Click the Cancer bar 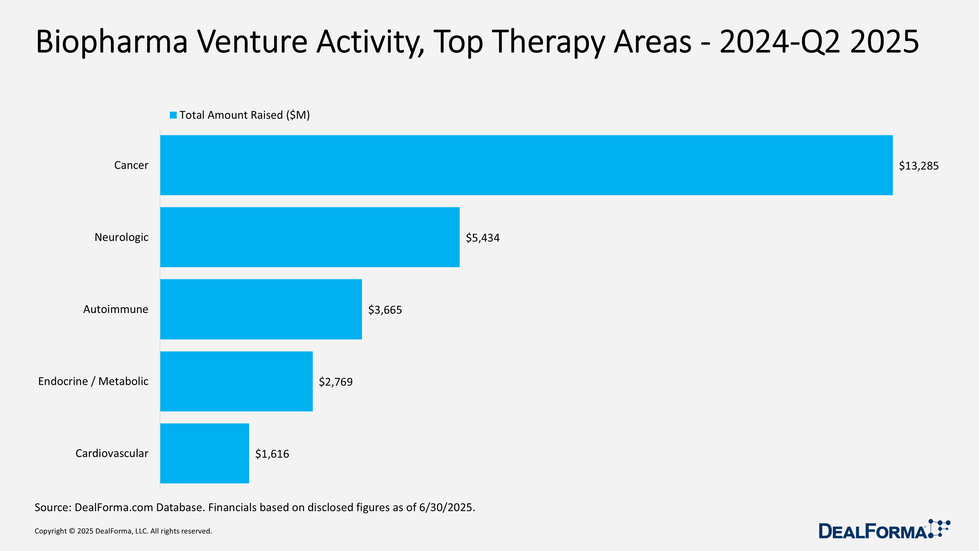[526, 165]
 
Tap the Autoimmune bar [261, 309]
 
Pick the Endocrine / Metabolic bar [236, 381]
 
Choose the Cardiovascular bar [204, 453]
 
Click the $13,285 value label [919, 166]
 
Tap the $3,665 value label [385, 310]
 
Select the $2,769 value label [336, 382]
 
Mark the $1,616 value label [272, 454]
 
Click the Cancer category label [131, 165]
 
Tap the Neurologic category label [121, 237]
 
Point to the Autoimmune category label [116, 309]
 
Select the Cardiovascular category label [112, 453]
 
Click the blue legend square [173, 115]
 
